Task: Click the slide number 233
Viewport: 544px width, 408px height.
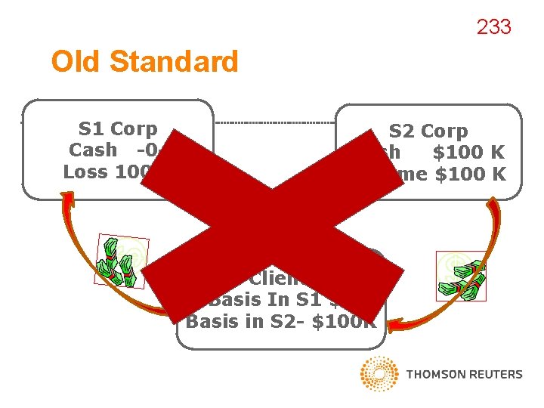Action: click(493, 27)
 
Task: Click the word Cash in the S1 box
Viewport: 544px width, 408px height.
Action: click(93, 150)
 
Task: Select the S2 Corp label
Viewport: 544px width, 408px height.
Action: click(428, 131)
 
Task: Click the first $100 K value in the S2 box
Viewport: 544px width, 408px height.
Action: click(468, 153)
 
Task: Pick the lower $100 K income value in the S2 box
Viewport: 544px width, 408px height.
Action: click(468, 174)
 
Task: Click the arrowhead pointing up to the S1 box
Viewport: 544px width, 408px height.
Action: click(68, 199)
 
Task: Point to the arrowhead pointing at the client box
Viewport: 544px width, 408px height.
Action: click(394, 326)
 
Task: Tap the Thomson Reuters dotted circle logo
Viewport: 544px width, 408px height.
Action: click(379, 374)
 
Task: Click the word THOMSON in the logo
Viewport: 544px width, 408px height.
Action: click(433, 374)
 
